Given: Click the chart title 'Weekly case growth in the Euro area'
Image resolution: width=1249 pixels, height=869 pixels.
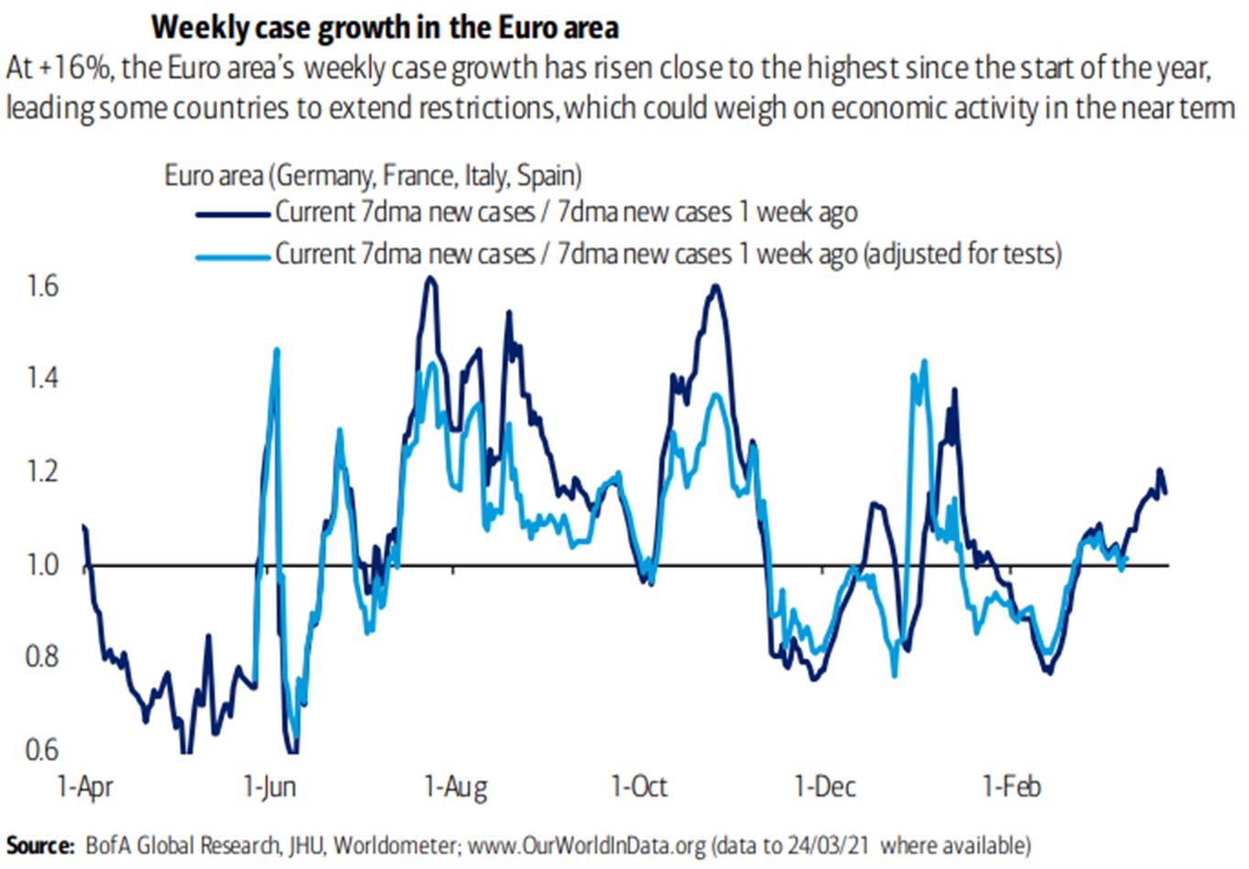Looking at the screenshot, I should [385, 27].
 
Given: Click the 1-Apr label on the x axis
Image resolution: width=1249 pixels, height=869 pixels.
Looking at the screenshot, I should [85, 787].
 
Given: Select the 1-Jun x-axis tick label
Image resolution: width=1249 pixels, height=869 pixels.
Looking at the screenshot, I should [270, 787].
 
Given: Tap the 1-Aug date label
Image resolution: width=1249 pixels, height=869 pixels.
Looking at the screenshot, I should [456, 787].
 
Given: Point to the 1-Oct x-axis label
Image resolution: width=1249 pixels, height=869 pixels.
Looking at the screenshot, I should [639, 787].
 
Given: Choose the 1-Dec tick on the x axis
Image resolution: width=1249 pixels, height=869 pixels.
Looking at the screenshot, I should [825, 787].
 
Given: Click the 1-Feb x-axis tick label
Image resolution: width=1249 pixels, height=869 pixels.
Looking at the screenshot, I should [1012, 787].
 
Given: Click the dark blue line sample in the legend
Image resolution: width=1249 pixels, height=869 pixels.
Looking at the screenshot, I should [234, 214].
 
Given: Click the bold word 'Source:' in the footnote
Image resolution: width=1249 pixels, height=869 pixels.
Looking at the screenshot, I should [40, 844].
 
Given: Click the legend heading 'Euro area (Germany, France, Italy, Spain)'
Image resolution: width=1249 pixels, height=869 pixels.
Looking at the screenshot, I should [373, 175].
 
